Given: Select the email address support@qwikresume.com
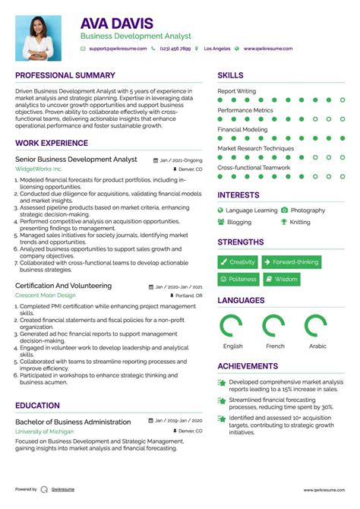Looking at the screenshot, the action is coord(117,49).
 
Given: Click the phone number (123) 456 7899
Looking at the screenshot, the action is coord(176,49).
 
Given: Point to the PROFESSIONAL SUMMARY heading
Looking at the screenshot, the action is coord(65,76).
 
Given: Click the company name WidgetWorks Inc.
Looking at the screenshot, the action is coord(39,169).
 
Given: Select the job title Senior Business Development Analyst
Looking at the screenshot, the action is coord(76,160).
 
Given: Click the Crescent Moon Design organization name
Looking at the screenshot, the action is coord(46,295).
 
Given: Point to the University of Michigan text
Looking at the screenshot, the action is coord(44,431).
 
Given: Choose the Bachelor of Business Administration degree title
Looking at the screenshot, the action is coord(73,421).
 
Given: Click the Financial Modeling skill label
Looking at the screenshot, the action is coord(242,129).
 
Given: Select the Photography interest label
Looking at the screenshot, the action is coord(308,210).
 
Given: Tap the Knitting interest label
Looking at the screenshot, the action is coord(300,223).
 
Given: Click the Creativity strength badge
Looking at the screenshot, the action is coord(237,262).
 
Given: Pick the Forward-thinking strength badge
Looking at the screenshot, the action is coord(291,262).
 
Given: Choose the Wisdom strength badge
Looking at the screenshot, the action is coord(281,280).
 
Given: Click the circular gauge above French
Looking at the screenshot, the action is coord(274,325).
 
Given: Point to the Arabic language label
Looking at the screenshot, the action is coord(317,346).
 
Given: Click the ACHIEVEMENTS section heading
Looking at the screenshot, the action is coord(248,366).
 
